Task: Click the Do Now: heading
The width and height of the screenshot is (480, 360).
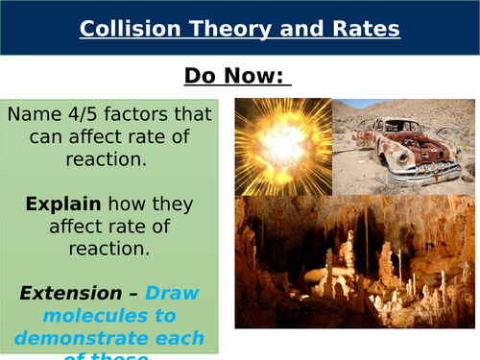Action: pos(237,76)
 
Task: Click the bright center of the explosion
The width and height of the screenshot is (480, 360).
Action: pos(282,143)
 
